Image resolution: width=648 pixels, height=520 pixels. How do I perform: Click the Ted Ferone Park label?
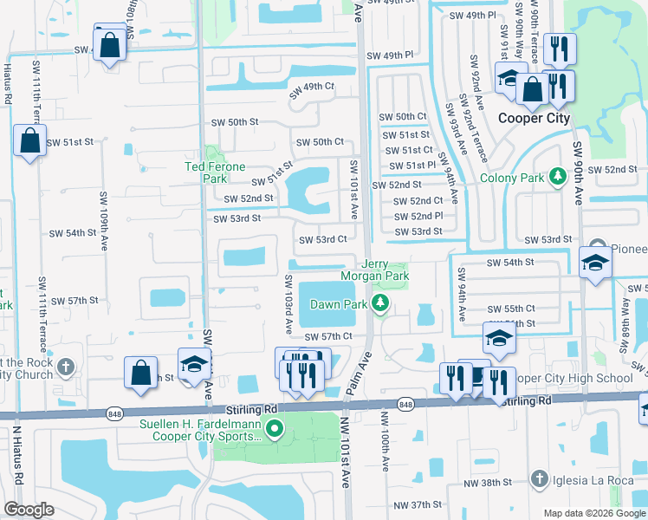[215, 172]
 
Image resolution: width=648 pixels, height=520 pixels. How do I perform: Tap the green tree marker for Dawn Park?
[379, 302]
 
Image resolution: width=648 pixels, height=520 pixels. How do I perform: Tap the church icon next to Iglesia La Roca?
[538, 478]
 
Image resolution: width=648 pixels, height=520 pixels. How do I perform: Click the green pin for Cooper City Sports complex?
[275, 429]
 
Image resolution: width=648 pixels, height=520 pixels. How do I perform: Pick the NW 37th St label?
[418, 504]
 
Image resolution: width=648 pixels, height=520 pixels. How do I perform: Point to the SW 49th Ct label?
[313, 88]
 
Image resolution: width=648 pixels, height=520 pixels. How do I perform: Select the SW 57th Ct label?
[328, 335]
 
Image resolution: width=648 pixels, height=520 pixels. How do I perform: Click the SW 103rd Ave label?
[288, 304]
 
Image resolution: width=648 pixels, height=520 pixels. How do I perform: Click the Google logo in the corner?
[29, 510]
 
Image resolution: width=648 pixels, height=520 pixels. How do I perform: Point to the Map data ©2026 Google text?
[593, 513]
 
